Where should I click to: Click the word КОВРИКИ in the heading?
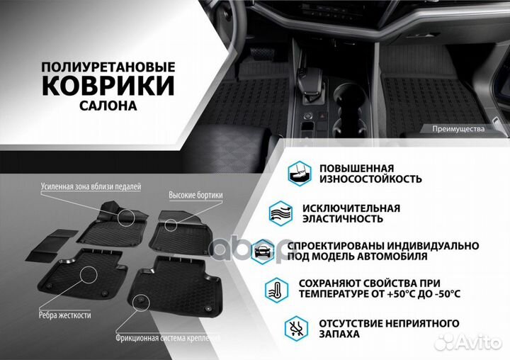(x=108, y=85)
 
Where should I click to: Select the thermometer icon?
(x=276, y=288)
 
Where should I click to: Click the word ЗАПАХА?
(x=339, y=334)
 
